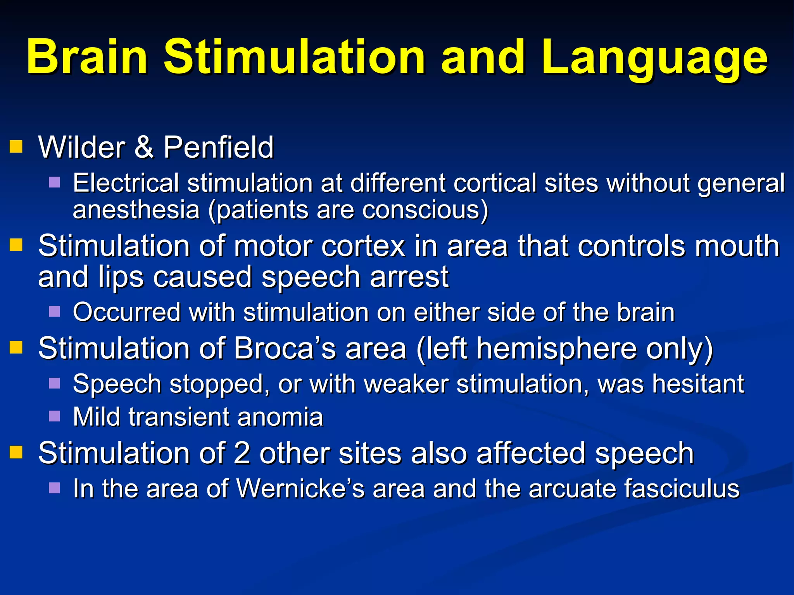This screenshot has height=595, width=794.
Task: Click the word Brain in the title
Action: [87, 57]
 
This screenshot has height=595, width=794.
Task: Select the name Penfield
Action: [218, 148]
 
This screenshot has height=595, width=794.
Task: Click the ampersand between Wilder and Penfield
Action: [144, 148]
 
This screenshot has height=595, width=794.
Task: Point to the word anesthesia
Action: [136, 210]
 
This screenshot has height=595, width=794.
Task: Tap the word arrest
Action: [409, 277]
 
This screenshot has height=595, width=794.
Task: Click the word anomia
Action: [280, 417]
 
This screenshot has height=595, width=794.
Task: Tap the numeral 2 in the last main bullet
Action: [242, 453]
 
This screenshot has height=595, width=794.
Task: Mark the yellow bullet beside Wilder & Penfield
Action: [16, 147]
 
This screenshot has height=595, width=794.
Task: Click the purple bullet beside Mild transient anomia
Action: [55, 416]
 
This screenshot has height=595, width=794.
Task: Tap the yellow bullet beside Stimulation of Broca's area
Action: [16, 347]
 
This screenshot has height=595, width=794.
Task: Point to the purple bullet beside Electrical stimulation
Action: [55, 182]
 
